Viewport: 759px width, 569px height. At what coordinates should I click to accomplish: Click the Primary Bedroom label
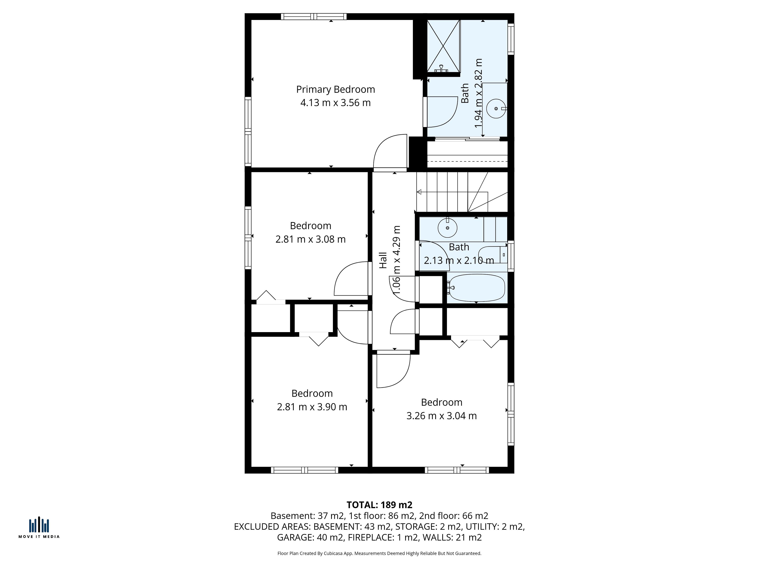tap(336, 89)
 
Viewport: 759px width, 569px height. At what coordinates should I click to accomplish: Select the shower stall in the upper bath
tap(443, 46)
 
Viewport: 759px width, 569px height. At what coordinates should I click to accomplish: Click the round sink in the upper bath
tap(496, 108)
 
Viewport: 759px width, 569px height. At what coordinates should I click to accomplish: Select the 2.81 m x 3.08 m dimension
tap(311, 239)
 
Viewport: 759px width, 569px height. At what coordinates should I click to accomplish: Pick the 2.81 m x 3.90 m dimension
tap(312, 407)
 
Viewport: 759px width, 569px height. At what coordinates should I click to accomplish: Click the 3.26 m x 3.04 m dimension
tap(442, 416)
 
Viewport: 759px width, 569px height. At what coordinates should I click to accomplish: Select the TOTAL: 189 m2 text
tap(379, 505)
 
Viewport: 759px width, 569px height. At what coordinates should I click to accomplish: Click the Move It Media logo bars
tap(39, 525)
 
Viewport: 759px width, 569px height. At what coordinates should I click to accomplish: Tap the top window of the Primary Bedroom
tap(314, 16)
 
